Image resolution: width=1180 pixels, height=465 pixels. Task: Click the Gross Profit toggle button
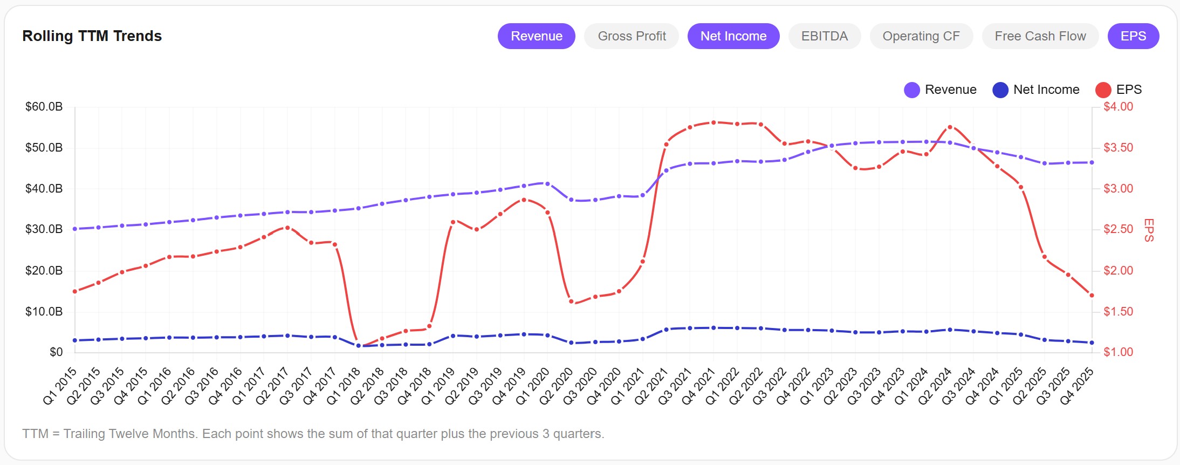point(632,36)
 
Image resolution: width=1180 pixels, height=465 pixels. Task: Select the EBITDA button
point(824,36)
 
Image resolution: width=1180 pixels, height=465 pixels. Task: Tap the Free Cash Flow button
point(1040,36)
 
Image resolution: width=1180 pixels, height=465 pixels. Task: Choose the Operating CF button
point(921,36)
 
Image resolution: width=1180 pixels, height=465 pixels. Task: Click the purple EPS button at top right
point(1133,36)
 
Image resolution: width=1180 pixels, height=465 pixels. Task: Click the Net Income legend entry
point(1036,90)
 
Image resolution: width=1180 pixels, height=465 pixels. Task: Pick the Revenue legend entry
point(941,90)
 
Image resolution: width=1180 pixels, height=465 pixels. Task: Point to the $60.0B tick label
point(44,107)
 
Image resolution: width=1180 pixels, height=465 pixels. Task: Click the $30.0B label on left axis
point(44,229)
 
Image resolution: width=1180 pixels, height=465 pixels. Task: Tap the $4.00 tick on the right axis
point(1118,107)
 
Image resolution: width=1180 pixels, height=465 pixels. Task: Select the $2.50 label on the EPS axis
point(1118,229)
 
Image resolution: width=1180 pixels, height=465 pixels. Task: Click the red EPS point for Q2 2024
point(950,127)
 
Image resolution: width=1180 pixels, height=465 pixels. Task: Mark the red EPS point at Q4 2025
point(1092,296)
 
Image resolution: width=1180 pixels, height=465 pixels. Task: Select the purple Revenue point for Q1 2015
point(75,229)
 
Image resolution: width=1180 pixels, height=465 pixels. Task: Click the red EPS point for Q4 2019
point(524,200)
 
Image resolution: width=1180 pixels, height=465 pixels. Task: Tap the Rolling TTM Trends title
point(92,36)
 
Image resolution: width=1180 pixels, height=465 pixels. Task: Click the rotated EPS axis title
point(1149,230)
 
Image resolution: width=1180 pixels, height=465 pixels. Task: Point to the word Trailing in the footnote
point(85,434)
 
